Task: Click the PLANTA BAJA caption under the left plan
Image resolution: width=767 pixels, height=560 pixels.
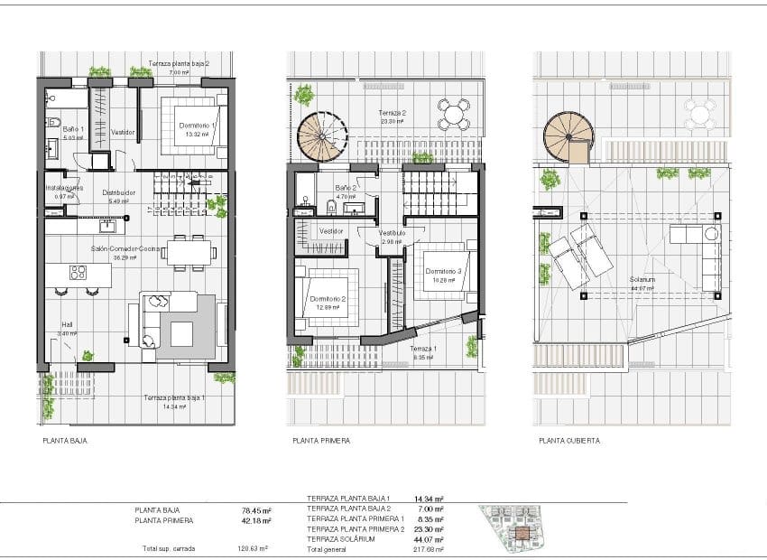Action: coord(65,442)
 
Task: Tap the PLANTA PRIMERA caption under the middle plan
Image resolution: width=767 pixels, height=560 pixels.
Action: coord(321,442)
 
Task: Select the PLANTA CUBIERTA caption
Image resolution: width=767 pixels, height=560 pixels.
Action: coord(569,442)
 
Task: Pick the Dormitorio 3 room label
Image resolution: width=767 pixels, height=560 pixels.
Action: coord(443,272)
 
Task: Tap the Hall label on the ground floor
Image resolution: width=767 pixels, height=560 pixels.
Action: coord(66,325)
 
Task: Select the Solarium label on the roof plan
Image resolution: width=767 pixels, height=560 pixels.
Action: coord(642,280)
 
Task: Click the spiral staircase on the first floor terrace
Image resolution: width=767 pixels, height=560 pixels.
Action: coord(322,136)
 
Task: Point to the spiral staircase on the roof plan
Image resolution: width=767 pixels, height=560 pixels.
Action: coord(568,136)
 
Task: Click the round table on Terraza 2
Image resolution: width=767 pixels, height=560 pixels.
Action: coord(454,115)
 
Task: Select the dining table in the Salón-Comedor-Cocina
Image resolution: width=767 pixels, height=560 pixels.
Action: coord(189,252)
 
